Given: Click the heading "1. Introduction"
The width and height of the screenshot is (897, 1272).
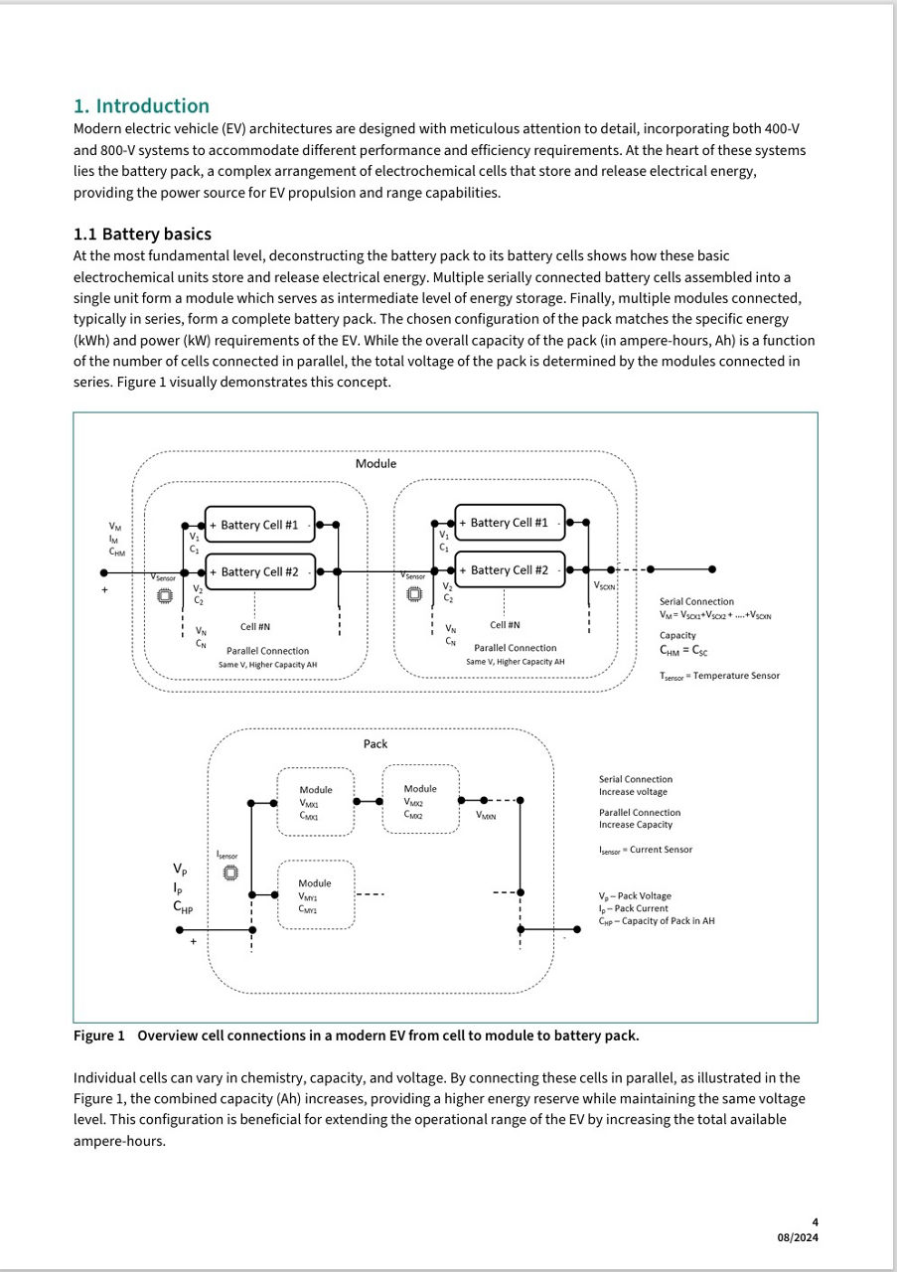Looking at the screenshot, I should [x=141, y=106].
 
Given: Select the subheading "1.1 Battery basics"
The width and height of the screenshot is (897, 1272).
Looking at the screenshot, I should [x=142, y=235].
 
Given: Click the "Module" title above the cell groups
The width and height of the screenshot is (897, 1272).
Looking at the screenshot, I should [x=375, y=464].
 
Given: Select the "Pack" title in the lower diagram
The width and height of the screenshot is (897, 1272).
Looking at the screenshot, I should [x=375, y=744].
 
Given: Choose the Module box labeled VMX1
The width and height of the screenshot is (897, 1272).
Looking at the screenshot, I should [x=316, y=802].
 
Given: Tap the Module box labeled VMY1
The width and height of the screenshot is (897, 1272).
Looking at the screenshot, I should [x=316, y=894].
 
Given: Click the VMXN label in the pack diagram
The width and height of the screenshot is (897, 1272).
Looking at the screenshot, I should [x=486, y=816].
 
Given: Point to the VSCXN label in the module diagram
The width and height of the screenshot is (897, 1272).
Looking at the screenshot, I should [x=604, y=586].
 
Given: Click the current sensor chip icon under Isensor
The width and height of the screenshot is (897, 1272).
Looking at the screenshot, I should [x=230, y=873].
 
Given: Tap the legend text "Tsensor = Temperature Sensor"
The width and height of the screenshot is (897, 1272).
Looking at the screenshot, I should [x=719, y=676].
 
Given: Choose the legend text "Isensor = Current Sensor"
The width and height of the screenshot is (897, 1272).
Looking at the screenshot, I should [x=645, y=850].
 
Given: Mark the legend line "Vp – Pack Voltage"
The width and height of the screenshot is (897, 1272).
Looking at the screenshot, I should [x=635, y=896].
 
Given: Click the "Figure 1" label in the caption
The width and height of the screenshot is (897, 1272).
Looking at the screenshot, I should [x=99, y=1035].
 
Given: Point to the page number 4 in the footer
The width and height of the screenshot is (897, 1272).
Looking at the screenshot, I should [x=815, y=1222].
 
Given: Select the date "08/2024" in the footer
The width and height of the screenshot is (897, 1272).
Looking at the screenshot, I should [x=798, y=1237].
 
